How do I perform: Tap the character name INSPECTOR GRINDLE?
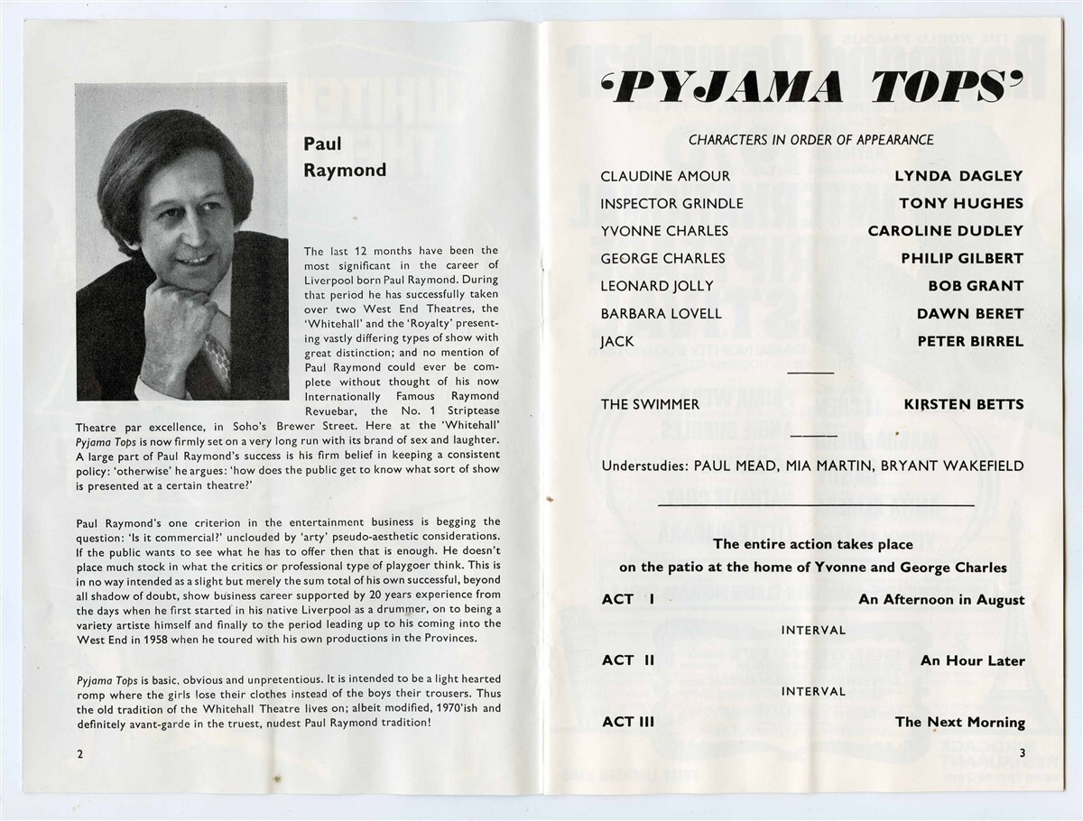671,204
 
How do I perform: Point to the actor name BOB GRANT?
976,286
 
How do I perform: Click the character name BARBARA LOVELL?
662,314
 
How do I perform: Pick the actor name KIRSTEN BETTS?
964,404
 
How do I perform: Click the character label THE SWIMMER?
651,404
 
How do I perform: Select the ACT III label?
628,722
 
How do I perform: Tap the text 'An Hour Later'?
972,661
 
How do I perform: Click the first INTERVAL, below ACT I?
813,630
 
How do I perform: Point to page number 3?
1022,754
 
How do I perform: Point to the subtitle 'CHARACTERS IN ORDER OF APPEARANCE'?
810,140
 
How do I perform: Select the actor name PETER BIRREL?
970,341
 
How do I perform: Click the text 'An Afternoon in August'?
941,600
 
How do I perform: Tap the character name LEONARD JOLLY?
657,286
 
